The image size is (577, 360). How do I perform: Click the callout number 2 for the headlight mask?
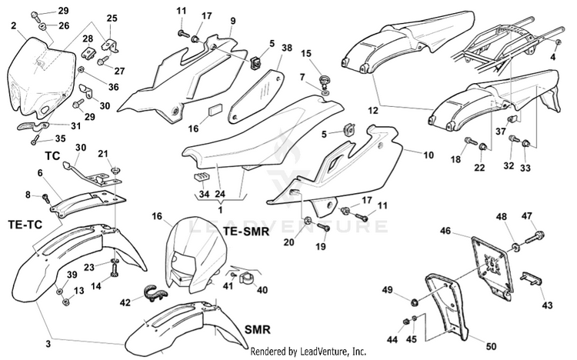click(14, 25)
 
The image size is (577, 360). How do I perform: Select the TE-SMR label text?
click(246, 232)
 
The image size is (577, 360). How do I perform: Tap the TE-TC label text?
click(25, 224)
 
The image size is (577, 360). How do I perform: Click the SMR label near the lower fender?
click(258, 329)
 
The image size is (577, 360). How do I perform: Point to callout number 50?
click(492, 346)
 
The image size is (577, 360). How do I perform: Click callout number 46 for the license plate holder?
click(445, 231)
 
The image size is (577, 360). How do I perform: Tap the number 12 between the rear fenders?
click(373, 111)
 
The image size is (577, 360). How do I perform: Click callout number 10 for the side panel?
click(429, 155)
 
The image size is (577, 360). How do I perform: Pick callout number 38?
click(287, 48)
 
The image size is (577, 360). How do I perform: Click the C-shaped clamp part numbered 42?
click(156, 292)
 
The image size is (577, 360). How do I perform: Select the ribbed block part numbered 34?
click(201, 177)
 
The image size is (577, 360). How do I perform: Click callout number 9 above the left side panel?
click(233, 21)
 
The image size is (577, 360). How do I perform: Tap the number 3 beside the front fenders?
click(48, 345)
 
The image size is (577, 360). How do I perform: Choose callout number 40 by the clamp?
click(262, 290)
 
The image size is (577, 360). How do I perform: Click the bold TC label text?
click(52, 156)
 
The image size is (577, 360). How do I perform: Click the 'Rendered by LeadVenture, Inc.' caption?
click(308, 352)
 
